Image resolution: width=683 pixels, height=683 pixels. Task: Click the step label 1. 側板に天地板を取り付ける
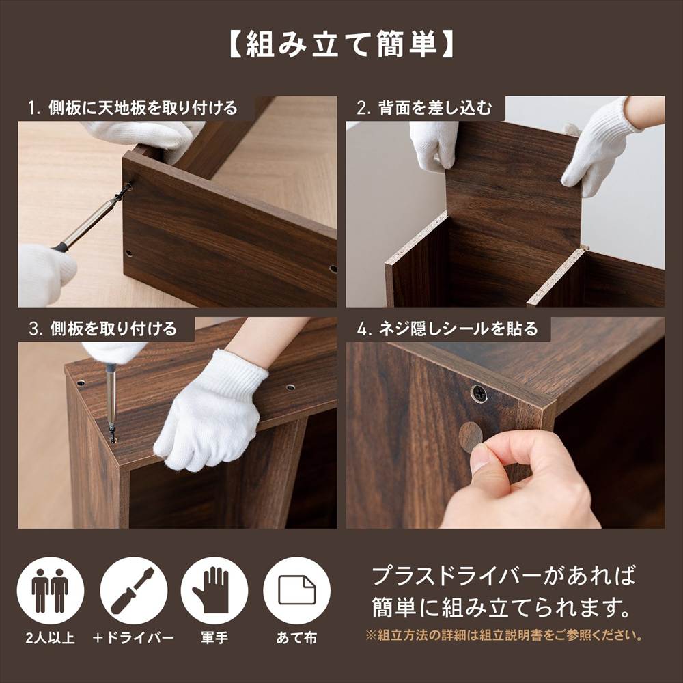pos(133,108)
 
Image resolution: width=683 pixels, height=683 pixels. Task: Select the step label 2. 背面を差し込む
pos(424,108)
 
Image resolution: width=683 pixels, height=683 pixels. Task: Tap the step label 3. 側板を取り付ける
pos(103,329)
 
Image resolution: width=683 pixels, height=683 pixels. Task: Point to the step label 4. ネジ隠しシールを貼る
pos(447,329)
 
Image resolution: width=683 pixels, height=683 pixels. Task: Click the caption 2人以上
pos(50,639)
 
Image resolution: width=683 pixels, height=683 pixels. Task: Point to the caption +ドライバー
pos(134,639)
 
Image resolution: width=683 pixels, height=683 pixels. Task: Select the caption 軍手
pos(214,639)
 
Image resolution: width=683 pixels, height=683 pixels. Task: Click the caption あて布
pos(296,639)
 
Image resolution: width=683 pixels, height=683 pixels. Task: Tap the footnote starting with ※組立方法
pos(504,635)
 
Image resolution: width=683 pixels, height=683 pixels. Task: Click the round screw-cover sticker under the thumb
pos(469,436)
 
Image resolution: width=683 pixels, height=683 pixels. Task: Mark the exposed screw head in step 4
pos(479,393)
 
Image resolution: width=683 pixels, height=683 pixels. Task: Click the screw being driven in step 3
pos(111,432)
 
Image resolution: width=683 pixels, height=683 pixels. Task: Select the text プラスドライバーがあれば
pos(503,576)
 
